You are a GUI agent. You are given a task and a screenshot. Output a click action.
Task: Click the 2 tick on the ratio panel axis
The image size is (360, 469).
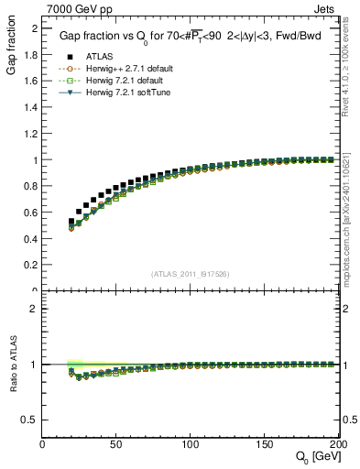pyautogui.click(x=35, y=309)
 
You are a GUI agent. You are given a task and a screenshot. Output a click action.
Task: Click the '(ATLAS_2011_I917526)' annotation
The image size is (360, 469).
pyautogui.click(x=191, y=274)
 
